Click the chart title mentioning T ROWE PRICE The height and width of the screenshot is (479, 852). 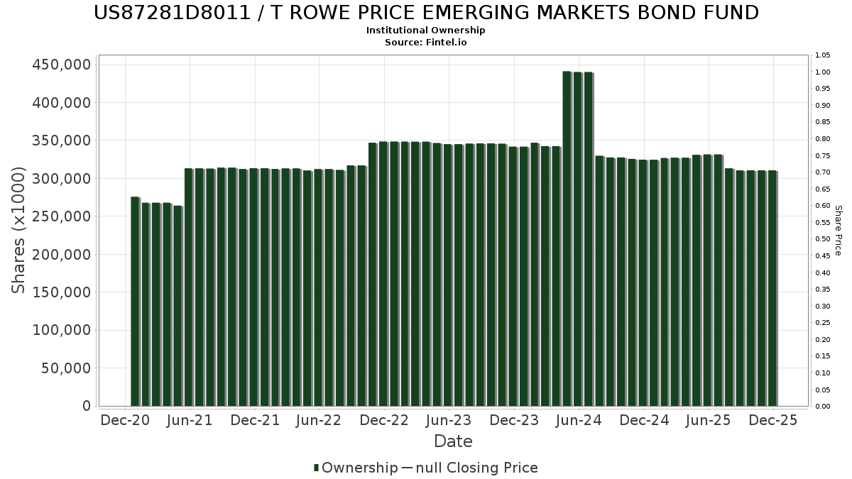pos(426,13)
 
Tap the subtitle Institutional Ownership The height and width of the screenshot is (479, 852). pos(426,31)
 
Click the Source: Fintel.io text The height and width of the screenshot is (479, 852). pos(426,42)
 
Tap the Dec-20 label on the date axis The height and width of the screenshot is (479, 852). pos(125,420)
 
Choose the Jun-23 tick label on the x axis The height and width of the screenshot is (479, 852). pos(448,420)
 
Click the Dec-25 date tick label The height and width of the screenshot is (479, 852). pos(773,420)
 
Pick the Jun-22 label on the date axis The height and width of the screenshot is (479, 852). pos(319,420)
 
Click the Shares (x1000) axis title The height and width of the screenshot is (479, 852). pos(19,230)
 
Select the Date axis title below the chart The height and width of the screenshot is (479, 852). pos(453,441)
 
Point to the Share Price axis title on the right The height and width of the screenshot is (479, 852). pos(838,230)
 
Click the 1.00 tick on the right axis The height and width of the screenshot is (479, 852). pos(823,72)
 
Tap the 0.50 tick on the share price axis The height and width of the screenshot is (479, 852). pos(823,239)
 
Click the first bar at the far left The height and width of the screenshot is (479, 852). pos(135,302)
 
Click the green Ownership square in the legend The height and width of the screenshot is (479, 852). pos(316,468)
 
